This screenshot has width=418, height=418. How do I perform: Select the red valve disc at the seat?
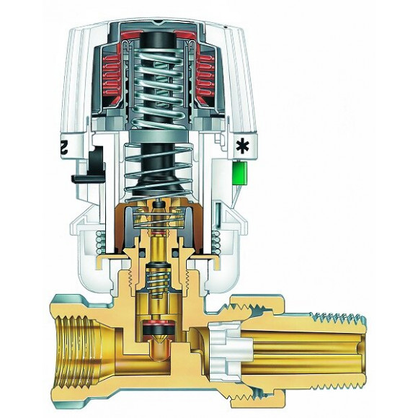click(156, 331)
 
